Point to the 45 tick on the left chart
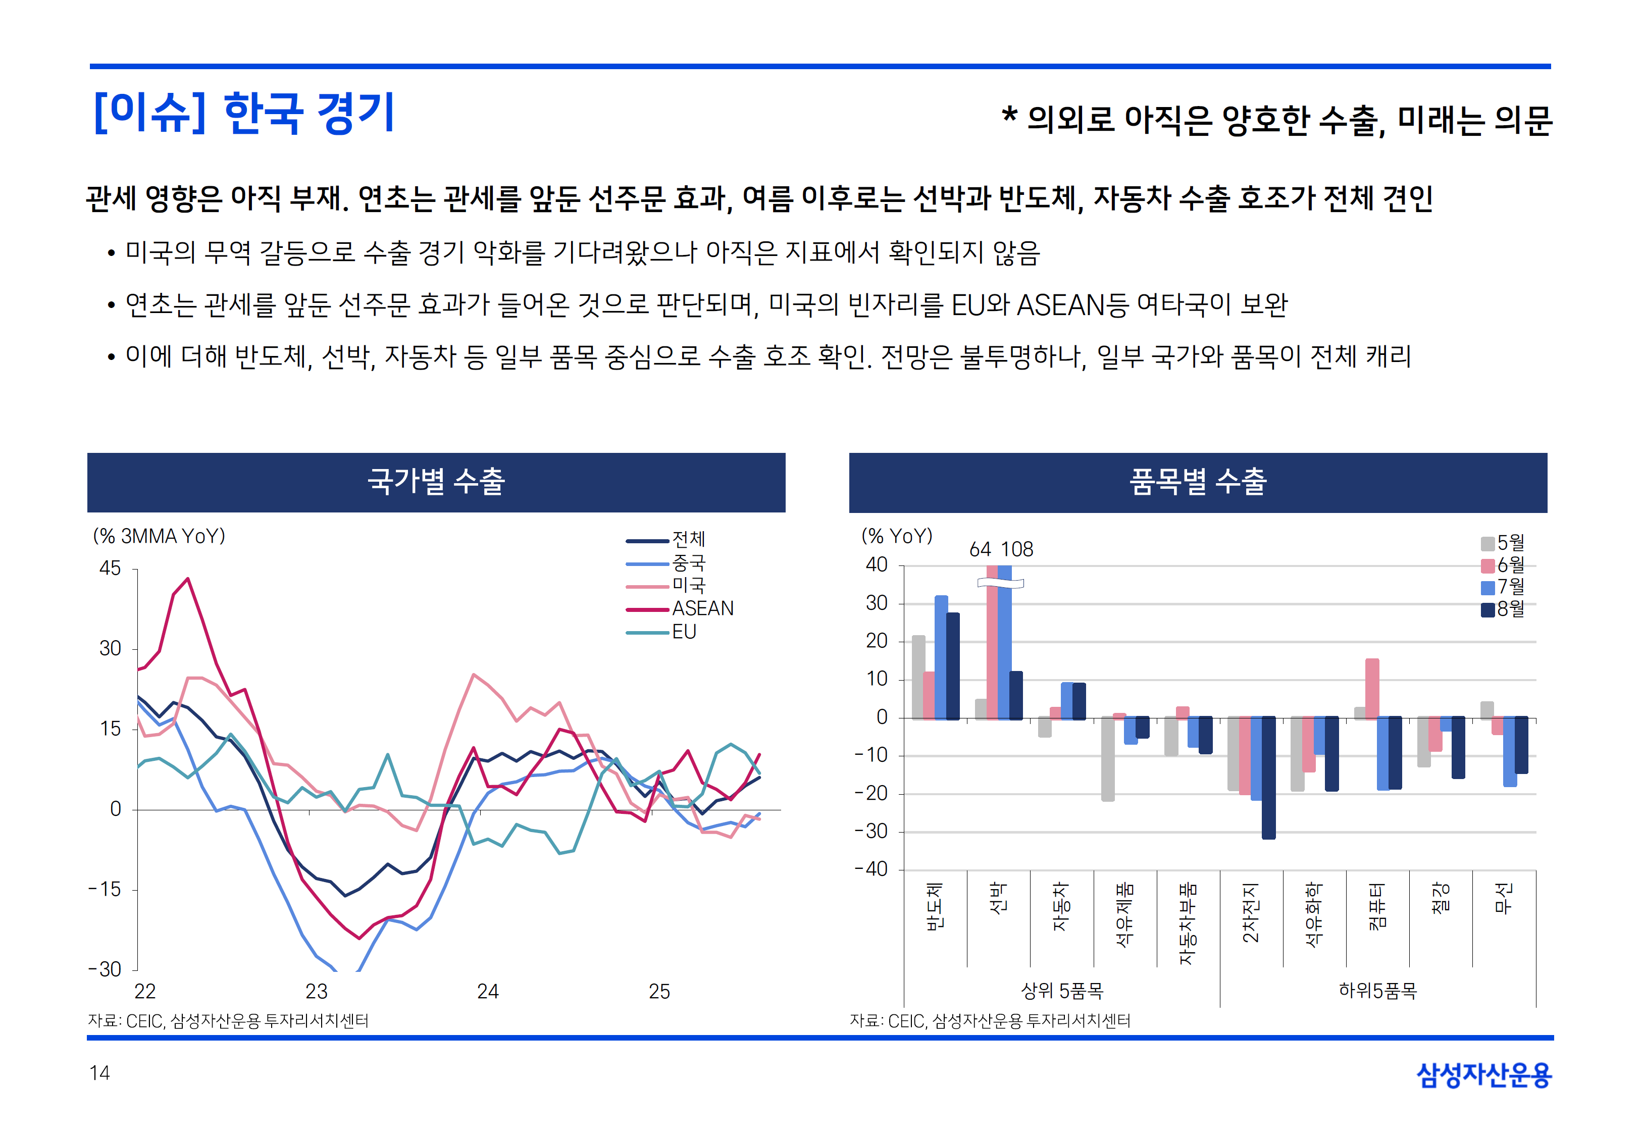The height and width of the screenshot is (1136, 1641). coord(110,569)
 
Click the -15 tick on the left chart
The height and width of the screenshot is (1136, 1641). coord(105,890)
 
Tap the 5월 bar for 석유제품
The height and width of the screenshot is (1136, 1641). coord(1107,759)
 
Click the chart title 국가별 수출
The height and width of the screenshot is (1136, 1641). coord(436,482)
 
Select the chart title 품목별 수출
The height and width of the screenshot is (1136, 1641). coord(1198,482)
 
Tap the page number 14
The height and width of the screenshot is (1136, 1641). coord(99,1073)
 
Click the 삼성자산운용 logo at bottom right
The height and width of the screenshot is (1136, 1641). coord(1484,1075)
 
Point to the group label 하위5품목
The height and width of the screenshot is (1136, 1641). coord(1378,991)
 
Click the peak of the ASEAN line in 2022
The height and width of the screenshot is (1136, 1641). coord(188,579)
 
